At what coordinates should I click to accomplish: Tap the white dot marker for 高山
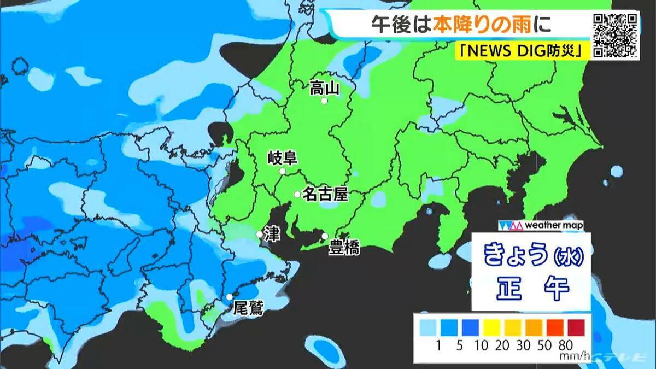[324, 101]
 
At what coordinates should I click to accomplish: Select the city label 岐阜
[282, 159]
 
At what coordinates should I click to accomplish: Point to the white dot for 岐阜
[283, 172]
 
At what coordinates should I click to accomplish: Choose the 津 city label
[272, 233]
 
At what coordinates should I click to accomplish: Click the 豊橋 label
[344, 248]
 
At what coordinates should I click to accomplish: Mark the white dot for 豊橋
[325, 236]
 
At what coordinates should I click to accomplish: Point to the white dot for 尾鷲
[230, 297]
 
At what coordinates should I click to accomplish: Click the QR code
[616, 35]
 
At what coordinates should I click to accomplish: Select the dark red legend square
[575, 327]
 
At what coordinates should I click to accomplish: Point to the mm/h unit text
[573, 356]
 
